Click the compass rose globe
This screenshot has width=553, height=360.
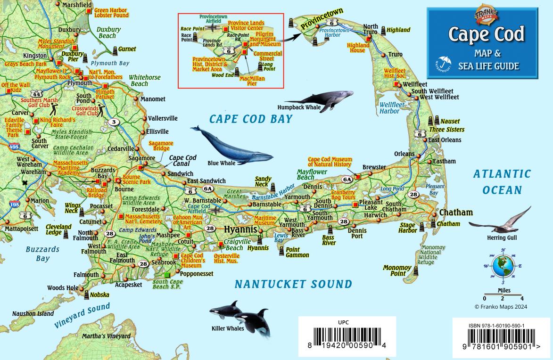503,266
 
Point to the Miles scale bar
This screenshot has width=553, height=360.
503,295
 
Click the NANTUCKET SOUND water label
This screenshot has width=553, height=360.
293,284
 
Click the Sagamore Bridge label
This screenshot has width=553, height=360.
161,146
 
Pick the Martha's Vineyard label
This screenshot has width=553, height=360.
106,336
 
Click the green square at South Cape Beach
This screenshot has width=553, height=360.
166,275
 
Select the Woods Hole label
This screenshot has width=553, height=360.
63,288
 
